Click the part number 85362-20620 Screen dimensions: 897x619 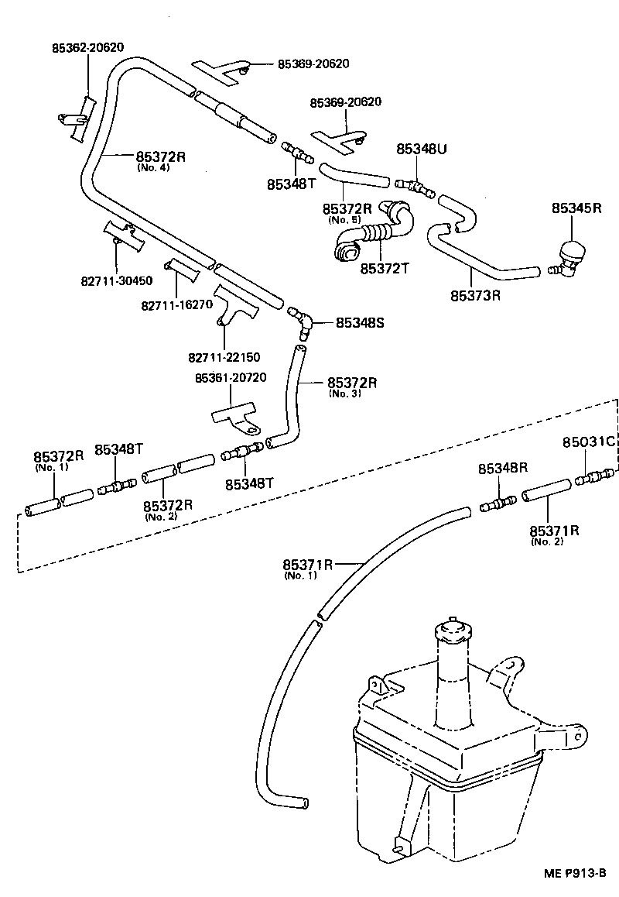point(87,47)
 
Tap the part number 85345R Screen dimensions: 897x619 point(576,208)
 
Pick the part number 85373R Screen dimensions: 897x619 point(476,295)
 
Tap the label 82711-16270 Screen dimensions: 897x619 point(176,304)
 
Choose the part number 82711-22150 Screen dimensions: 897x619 point(224,357)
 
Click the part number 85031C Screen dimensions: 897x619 point(587,442)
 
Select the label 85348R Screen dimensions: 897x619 point(502,468)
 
